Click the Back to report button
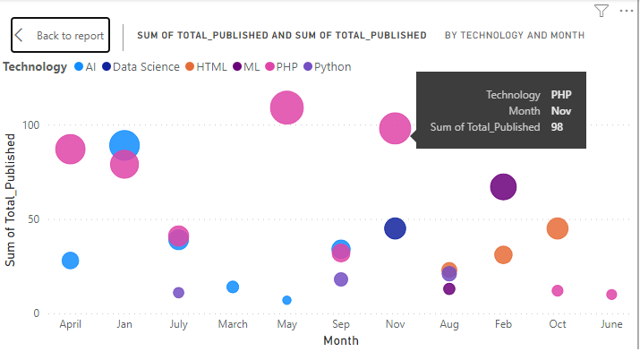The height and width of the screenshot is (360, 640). tap(60, 36)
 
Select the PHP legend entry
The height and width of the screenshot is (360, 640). tap(286, 67)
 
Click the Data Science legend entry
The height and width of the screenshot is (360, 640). tap(146, 67)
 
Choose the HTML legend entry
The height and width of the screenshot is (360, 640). tap(211, 67)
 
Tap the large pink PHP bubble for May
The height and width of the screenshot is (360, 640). tap(286, 108)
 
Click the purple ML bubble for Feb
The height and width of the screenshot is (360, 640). tap(504, 187)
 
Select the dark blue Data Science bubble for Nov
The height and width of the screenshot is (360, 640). tap(395, 228)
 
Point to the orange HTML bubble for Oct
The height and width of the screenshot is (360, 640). tap(558, 228)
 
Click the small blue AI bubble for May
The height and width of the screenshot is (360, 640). tap(286, 300)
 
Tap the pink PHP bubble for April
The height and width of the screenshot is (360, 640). tap(70, 150)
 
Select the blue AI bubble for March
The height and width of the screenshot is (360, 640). tap(233, 287)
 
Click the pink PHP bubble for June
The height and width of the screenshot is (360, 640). tap(611, 295)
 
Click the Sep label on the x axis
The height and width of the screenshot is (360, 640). tap(341, 324)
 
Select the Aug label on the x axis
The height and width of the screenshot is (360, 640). tap(449, 324)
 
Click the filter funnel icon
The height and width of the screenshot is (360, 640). tap(602, 11)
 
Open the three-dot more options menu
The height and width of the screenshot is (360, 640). tap(626, 11)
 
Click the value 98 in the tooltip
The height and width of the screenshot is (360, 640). tap(557, 127)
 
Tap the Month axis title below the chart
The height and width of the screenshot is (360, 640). tap(341, 341)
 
